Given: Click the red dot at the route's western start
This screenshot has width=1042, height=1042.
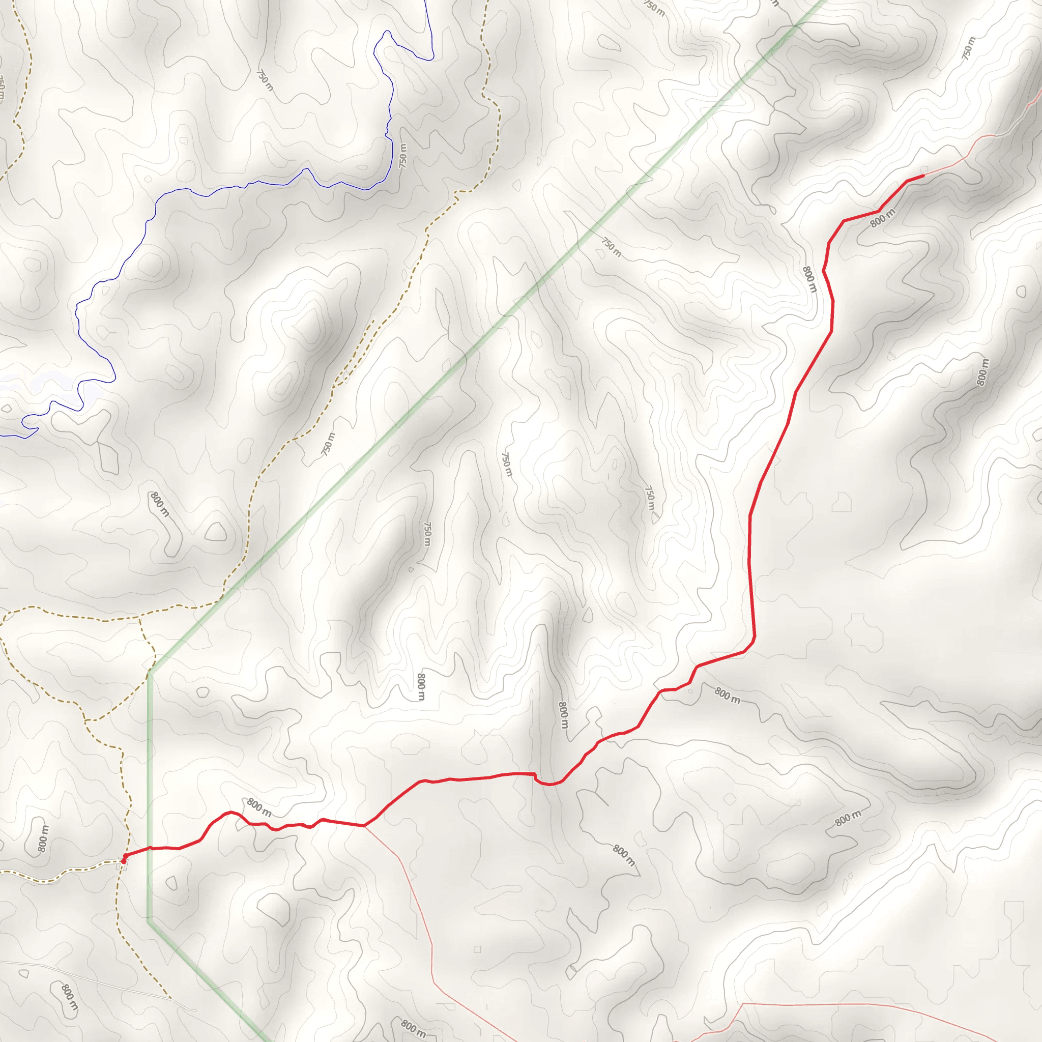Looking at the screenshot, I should coord(124,861).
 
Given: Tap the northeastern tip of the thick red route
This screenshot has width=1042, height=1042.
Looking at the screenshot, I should coord(923,176).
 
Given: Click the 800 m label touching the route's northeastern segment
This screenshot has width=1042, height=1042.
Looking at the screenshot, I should coord(883,218).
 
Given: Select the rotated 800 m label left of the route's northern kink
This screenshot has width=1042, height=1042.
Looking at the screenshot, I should coord(809,279).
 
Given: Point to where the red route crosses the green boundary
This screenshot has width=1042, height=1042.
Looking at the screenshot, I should coord(150,848).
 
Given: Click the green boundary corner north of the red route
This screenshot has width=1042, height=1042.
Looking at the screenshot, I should coord(150,673).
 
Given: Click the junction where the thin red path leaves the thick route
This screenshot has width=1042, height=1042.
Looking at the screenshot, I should coord(365,826).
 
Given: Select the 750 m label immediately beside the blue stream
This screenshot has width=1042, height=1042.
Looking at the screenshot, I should coord(403,155).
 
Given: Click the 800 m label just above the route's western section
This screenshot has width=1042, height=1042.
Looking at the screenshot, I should coord(259,807).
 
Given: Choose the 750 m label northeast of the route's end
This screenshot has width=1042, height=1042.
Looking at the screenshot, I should coord(968,47).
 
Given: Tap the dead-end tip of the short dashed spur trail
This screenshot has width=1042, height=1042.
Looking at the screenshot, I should coord(373,321).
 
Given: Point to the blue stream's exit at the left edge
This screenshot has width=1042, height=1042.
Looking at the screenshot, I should coord(2,435).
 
